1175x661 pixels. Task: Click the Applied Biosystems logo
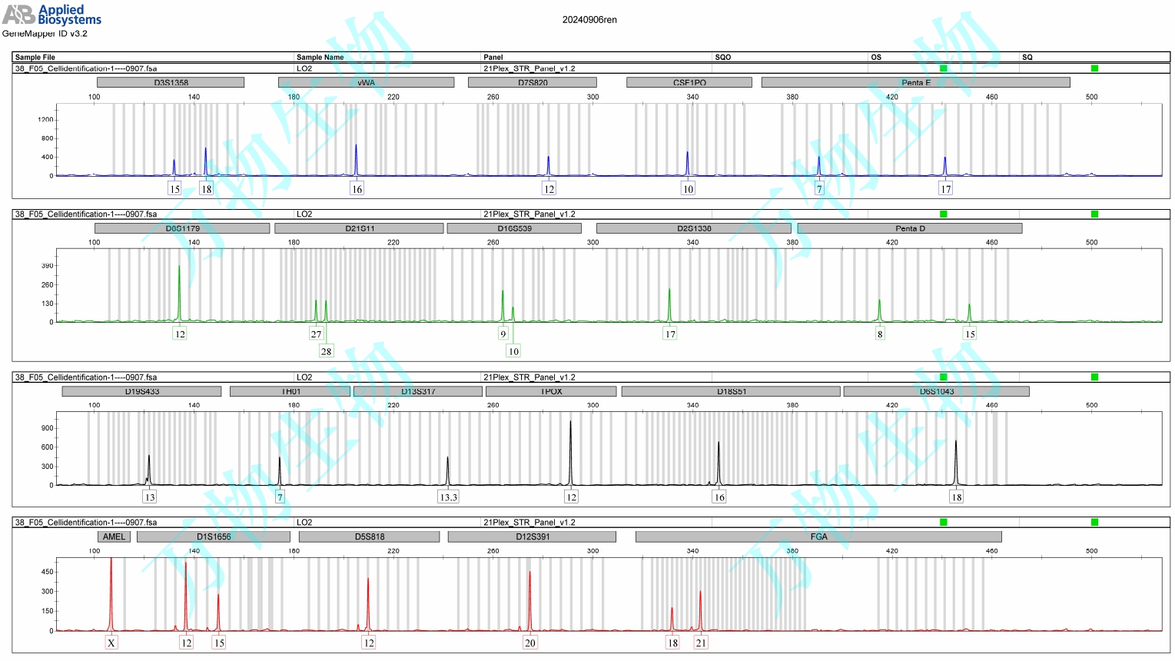[x=51, y=14]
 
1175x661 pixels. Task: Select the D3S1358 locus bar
[x=171, y=82]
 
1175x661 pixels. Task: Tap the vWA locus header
[x=366, y=82]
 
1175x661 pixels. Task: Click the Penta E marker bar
[x=915, y=82]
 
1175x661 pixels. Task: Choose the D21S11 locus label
[x=359, y=228]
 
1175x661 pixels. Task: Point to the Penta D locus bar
[x=910, y=228]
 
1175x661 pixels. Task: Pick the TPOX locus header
[x=551, y=391]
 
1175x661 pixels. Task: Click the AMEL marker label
[x=114, y=536]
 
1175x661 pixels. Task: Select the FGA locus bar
[x=818, y=536]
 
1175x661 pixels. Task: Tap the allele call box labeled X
[x=111, y=643]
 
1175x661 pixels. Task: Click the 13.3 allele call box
[x=448, y=497]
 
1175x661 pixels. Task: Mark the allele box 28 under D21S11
[x=326, y=351]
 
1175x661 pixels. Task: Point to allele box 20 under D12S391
[x=529, y=643]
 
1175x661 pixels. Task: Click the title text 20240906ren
[x=589, y=20]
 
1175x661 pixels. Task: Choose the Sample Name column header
[x=320, y=57]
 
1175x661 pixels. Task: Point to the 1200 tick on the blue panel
[x=45, y=119]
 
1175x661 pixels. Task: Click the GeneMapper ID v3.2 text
[x=45, y=34]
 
